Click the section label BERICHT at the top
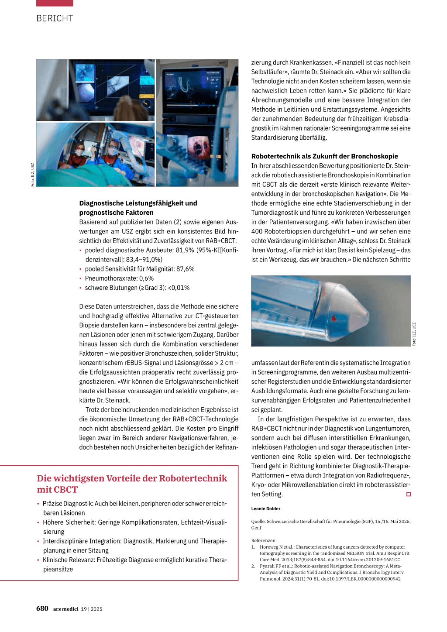pyautogui.click(x=55, y=18)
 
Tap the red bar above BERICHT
pyautogui.click(x=55, y=3)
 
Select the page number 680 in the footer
pyautogui.click(x=42, y=608)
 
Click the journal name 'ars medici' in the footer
pyautogui.click(x=65, y=609)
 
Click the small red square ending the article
pyautogui.click(x=409, y=494)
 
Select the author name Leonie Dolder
pyautogui.click(x=265, y=508)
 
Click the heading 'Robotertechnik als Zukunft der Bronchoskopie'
pyautogui.click(x=324, y=156)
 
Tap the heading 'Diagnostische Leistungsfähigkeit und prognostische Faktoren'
pyautogui.click(x=138, y=208)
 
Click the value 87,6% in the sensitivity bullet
pyautogui.click(x=186, y=269)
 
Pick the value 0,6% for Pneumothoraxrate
pyautogui.click(x=146, y=278)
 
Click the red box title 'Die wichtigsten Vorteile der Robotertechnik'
pyautogui.click(x=132, y=478)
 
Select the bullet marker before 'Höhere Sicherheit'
pyautogui.click(x=38, y=522)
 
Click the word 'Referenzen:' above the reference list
pyautogui.click(x=264, y=540)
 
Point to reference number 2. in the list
pyautogui.click(x=253, y=566)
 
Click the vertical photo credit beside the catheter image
pyautogui.click(x=414, y=334)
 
